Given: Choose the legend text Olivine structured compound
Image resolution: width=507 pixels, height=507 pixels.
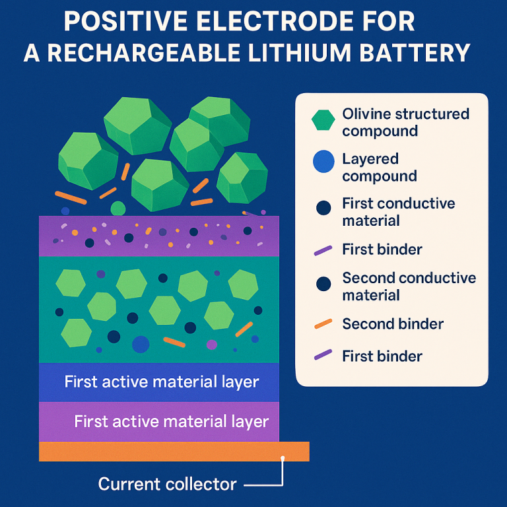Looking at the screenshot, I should pyautogui.click(x=405, y=122).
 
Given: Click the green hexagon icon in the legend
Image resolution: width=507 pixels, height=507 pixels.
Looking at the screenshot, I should pyautogui.click(x=323, y=119).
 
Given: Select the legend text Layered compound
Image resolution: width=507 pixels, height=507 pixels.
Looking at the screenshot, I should pyautogui.click(x=380, y=167).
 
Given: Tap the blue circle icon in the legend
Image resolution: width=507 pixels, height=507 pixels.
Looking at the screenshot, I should pyautogui.click(x=323, y=162).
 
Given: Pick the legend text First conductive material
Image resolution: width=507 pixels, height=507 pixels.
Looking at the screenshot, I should pyautogui.click(x=398, y=211).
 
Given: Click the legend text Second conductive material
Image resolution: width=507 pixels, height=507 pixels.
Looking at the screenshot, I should pyautogui.click(x=409, y=286).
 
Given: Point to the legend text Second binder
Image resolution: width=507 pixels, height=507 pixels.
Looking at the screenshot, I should pyautogui.click(x=393, y=324).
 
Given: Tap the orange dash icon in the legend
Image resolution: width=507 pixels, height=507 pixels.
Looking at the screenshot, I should pyautogui.click(x=323, y=324).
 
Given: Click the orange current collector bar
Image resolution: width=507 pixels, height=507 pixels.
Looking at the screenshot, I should pyautogui.click(x=174, y=452).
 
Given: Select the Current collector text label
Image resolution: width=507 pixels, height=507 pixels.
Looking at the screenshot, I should pyautogui.click(x=167, y=485).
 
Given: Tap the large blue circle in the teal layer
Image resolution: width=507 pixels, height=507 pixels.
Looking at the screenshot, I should pyautogui.click(x=141, y=344).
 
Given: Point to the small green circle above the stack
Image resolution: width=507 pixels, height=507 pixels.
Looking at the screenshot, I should pyautogui.click(x=118, y=209).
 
